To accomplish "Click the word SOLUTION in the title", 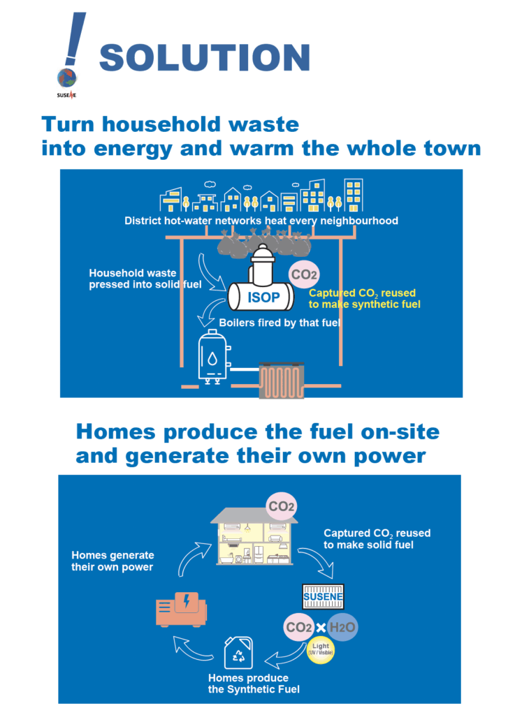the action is [205, 57].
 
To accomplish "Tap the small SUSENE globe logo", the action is [66, 78].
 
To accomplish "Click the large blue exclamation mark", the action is [75, 39].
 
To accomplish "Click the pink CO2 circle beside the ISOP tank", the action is [303, 274].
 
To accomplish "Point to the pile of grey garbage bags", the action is [264, 243].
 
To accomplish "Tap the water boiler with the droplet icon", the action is [213, 357].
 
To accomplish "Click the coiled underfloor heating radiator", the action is [282, 381].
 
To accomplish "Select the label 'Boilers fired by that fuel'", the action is [280, 323].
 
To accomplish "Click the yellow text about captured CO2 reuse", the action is [364, 299].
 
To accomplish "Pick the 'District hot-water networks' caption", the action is [261, 221].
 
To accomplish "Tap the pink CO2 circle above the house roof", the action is [281, 506].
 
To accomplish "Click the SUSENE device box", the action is [323, 596].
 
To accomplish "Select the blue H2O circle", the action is [342, 627].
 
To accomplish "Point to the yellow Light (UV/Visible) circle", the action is [321, 649].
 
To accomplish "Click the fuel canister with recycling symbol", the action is [239, 653].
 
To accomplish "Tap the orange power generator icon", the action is [181, 609].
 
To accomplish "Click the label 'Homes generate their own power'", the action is [113, 561].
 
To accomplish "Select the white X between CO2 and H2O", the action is [321, 628].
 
